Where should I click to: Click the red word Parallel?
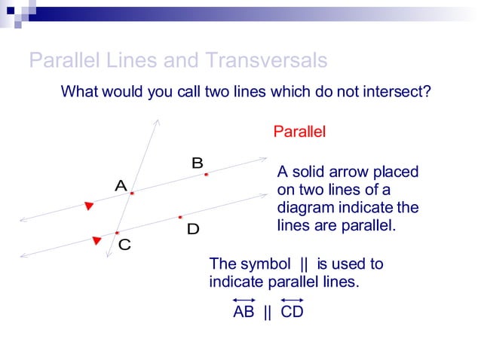tap(299, 132)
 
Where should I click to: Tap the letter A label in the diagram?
tap(120, 185)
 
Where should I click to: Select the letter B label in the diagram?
tap(197, 163)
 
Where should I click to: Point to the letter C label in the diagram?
tap(124, 245)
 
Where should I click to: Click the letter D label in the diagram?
tap(193, 229)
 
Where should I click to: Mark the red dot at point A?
tap(131, 194)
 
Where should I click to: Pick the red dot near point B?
tap(206, 174)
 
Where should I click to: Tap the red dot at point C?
tap(117, 233)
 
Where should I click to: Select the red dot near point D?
tap(180, 217)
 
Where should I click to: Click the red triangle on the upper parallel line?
tap(89, 205)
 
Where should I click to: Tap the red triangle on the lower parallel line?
tap(97, 240)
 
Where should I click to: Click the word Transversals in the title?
tap(269, 60)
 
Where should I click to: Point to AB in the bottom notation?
tap(244, 312)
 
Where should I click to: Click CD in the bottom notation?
tap(292, 312)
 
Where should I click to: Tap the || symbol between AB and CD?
tap(267, 312)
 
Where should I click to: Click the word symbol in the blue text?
tap(265, 264)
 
